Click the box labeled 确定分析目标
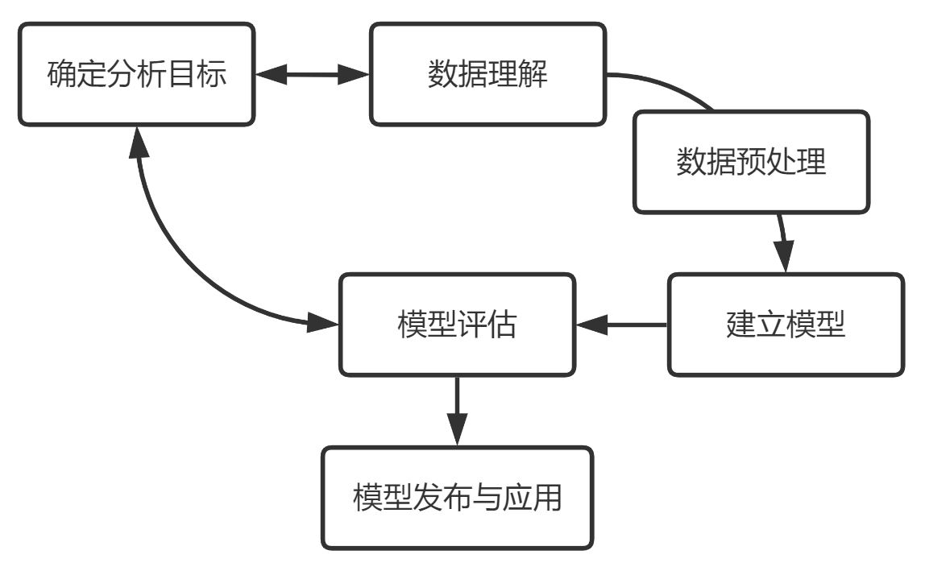pos(136,74)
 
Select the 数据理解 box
pos(487,74)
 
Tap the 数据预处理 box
pos(751,162)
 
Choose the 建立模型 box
pos(786,325)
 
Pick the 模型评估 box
pos(457,325)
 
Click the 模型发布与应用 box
pos(457,499)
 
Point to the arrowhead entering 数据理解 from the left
pos(355,75)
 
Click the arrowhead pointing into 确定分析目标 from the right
pos(271,75)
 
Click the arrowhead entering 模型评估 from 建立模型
pos(591,325)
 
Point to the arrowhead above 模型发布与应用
pos(457,431)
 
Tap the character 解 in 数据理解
pos(533,75)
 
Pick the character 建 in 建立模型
pos(740,325)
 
